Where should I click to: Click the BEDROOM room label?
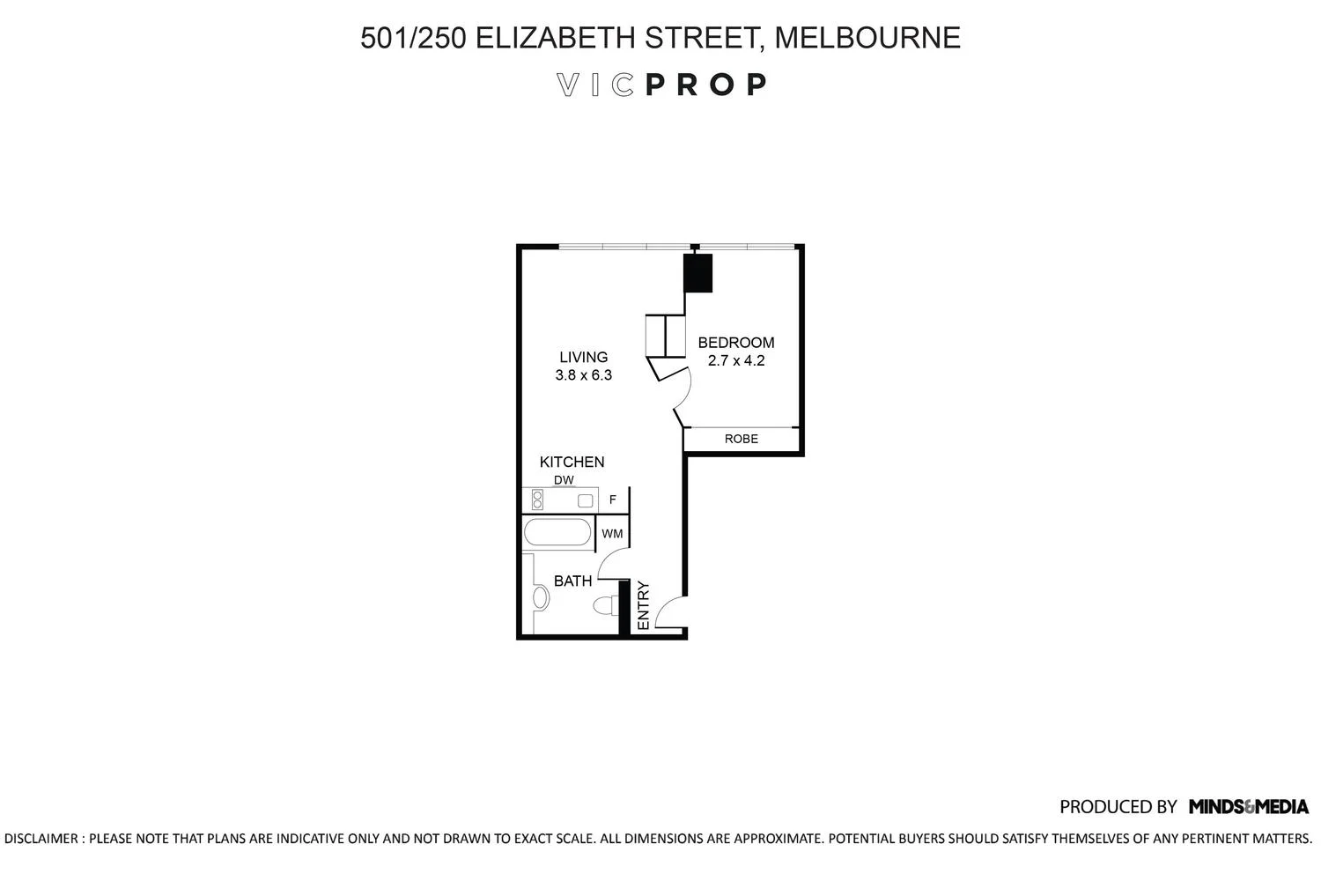coord(736,342)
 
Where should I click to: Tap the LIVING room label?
coord(583,357)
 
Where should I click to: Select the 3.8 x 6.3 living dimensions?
coord(583,374)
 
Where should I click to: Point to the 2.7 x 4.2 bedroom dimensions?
coord(736,360)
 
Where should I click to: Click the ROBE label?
coord(742,439)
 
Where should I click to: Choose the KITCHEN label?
coord(572,462)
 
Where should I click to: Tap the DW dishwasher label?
coord(564,480)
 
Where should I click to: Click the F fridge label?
coord(613,500)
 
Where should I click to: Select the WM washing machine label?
coord(612,533)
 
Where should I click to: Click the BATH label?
coord(572,581)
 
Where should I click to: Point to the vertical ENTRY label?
coord(644,605)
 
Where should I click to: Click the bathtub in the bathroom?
coord(557,532)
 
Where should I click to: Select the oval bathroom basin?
coord(541,597)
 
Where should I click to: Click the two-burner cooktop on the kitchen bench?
coord(537,500)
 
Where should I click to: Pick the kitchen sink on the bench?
coord(585,501)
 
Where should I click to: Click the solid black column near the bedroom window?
coord(697,272)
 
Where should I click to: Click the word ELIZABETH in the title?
coord(555,38)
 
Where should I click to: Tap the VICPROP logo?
coord(661,85)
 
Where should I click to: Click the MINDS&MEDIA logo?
coord(1249,806)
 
